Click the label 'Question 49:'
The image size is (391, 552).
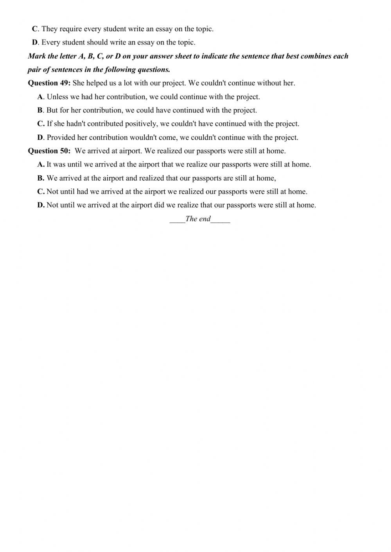pyautogui.click(x=49, y=83)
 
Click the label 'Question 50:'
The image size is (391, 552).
pyautogui.click(x=49, y=151)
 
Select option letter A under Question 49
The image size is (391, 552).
pyautogui.click(x=40, y=96)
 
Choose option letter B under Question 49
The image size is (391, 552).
pyautogui.click(x=40, y=110)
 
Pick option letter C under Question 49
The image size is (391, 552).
pyautogui.click(x=40, y=124)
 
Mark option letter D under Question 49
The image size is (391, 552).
pyautogui.click(x=40, y=138)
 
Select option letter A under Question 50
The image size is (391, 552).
pyautogui.click(x=40, y=164)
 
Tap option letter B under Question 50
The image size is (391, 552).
pyautogui.click(x=40, y=178)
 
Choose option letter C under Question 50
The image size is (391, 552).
pyautogui.click(x=40, y=191)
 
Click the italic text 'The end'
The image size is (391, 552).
pyautogui.click(x=198, y=219)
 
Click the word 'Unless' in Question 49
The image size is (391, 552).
pyautogui.click(x=57, y=96)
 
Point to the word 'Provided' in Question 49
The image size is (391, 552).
pyautogui.click(x=60, y=138)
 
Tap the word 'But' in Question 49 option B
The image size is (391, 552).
pyautogui.click(x=52, y=110)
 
